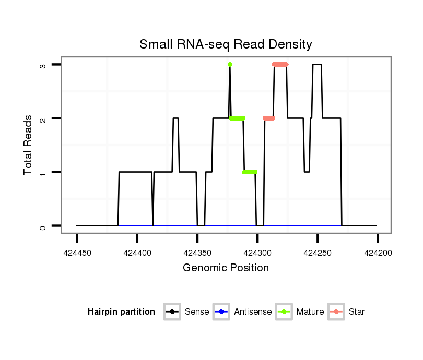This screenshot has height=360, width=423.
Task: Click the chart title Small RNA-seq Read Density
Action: pos(226,44)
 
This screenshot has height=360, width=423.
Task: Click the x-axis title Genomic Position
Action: pos(226,268)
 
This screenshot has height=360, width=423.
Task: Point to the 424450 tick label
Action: pos(77,253)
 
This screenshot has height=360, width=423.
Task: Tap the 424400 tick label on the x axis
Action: pos(137,253)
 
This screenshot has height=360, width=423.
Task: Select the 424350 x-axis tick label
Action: pos(197,253)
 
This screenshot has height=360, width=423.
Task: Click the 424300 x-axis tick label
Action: pos(257,253)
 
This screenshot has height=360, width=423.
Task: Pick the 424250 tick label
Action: pos(318,253)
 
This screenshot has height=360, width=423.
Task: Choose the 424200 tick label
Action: pos(378,253)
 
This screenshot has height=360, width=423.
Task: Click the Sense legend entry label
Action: pos(197,312)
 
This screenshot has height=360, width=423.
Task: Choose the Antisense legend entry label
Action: pos(253,312)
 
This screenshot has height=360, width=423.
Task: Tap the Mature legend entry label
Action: pos(310,312)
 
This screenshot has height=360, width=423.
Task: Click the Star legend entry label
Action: pos(357,312)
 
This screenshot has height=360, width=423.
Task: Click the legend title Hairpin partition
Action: pos(121,312)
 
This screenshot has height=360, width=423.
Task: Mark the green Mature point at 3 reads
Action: pos(230,65)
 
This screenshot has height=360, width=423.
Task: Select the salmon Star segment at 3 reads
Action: pos(280,65)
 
